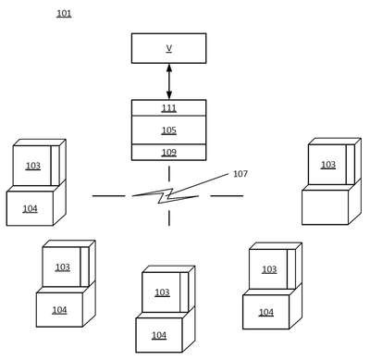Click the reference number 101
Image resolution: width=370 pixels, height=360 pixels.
tap(64, 14)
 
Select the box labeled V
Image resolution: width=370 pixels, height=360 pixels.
tap(169, 48)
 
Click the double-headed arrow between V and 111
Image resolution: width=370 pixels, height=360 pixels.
tap(169, 81)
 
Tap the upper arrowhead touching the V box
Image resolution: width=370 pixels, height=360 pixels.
tap(169, 68)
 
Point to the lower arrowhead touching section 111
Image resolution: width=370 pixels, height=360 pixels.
tap(169, 95)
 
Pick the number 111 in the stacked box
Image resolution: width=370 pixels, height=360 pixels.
tap(169, 108)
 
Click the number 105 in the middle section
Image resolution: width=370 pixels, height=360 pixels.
tap(169, 130)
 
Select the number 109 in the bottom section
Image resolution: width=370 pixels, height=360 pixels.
tap(169, 153)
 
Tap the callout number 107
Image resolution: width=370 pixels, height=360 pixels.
tap(240, 174)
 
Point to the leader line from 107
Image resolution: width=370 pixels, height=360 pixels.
tap(197, 184)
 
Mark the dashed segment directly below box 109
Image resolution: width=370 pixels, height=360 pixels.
tap(169, 174)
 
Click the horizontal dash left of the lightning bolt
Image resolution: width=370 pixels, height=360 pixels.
tap(109, 195)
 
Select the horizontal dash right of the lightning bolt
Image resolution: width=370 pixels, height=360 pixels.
tap(227, 195)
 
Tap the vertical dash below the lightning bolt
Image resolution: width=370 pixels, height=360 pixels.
tap(169, 217)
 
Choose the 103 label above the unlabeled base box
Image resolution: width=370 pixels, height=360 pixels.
tap(328, 165)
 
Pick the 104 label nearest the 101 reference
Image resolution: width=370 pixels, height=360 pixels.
tap(30, 209)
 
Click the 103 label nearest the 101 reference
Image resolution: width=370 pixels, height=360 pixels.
tap(33, 166)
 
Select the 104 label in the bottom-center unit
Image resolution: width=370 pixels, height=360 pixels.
tap(159, 335)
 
